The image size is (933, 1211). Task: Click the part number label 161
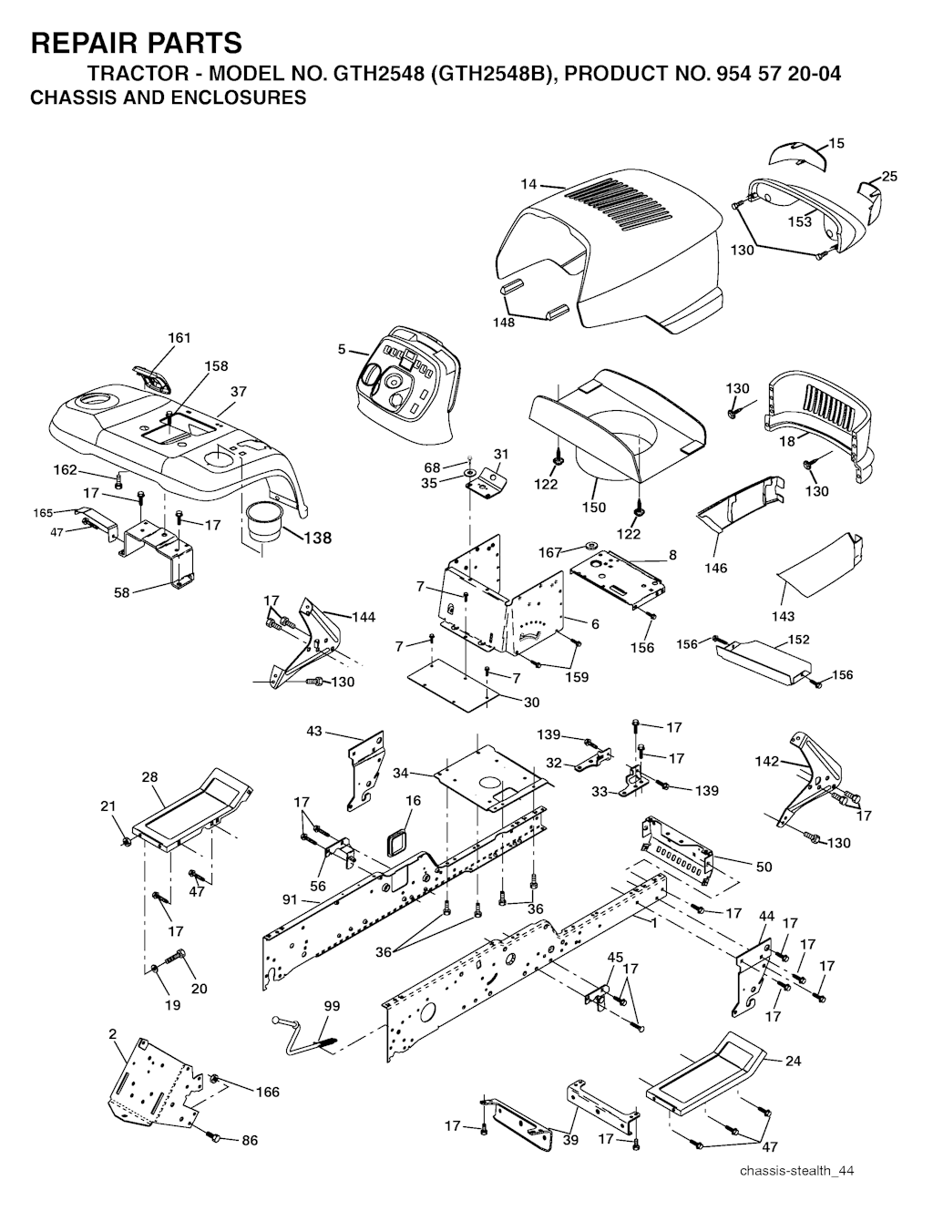179,338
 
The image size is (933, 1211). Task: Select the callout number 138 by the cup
317,538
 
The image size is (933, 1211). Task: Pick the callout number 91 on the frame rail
292,899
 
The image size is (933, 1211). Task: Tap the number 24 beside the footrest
793,1061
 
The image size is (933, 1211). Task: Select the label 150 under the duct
595,508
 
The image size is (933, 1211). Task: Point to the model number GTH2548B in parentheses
485,74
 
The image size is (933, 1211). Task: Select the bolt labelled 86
216,1138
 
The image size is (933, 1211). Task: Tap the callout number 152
799,640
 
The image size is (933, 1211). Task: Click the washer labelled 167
590,542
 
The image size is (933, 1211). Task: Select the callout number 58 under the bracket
121,592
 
